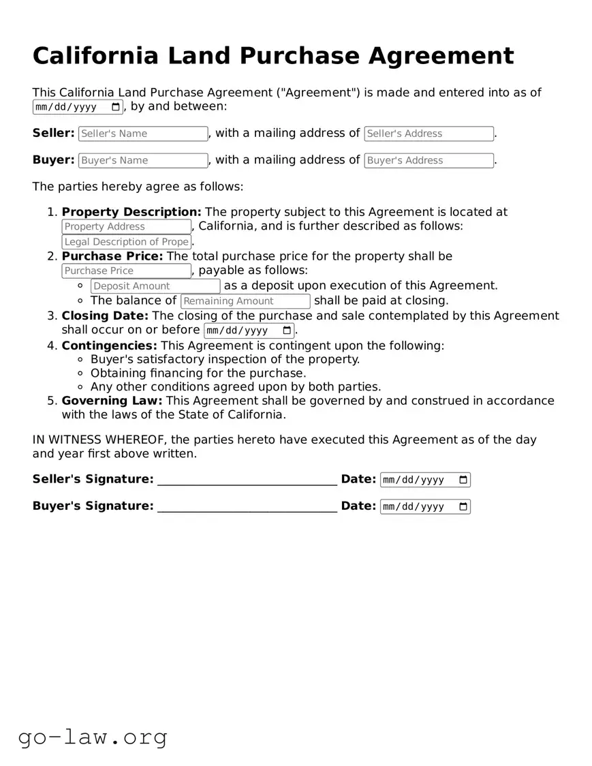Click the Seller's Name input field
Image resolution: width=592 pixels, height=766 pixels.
[143, 134]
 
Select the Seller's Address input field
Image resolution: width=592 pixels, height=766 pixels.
[429, 134]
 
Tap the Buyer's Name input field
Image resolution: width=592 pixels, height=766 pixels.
[143, 160]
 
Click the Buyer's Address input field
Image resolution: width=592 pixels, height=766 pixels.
[429, 160]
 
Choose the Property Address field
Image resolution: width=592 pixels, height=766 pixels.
[126, 226]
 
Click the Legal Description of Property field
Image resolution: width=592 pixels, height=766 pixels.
[126, 241]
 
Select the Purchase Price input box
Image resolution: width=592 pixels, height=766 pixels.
[126, 271]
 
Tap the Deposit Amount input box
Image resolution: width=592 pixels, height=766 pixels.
[155, 286]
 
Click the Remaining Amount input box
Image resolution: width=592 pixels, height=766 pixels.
[245, 301]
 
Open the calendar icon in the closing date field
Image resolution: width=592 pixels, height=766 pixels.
[287, 331]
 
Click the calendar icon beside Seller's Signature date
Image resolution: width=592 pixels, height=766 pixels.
[463, 480]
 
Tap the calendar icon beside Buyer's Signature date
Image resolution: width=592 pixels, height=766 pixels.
[463, 506]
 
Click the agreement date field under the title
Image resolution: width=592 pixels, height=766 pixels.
[78, 107]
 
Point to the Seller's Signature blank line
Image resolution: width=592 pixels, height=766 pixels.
[247, 480]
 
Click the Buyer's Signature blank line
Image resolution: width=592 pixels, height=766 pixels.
[247, 506]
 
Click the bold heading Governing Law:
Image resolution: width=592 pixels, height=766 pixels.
[112, 401]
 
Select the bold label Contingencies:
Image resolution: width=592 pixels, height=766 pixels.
[109, 346]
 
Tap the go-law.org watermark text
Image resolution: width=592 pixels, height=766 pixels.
[93, 737]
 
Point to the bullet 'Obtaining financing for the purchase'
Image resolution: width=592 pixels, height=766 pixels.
[198, 373]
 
